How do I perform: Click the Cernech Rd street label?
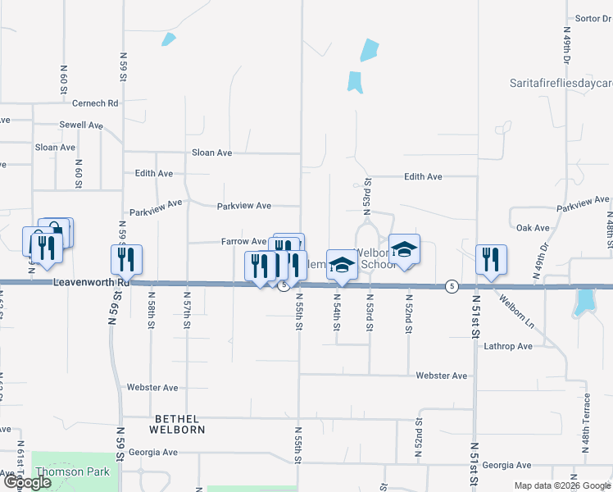[95, 103]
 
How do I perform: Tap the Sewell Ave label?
[80, 125]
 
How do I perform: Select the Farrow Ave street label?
[243, 242]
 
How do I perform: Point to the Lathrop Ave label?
[507, 346]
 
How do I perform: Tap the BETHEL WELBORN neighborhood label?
[176, 422]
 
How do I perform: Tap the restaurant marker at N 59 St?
[127, 259]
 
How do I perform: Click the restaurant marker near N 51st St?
[491, 259]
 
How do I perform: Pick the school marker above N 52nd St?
[404, 249]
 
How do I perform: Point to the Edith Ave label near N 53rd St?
[423, 176]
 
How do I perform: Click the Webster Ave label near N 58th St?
[152, 387]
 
